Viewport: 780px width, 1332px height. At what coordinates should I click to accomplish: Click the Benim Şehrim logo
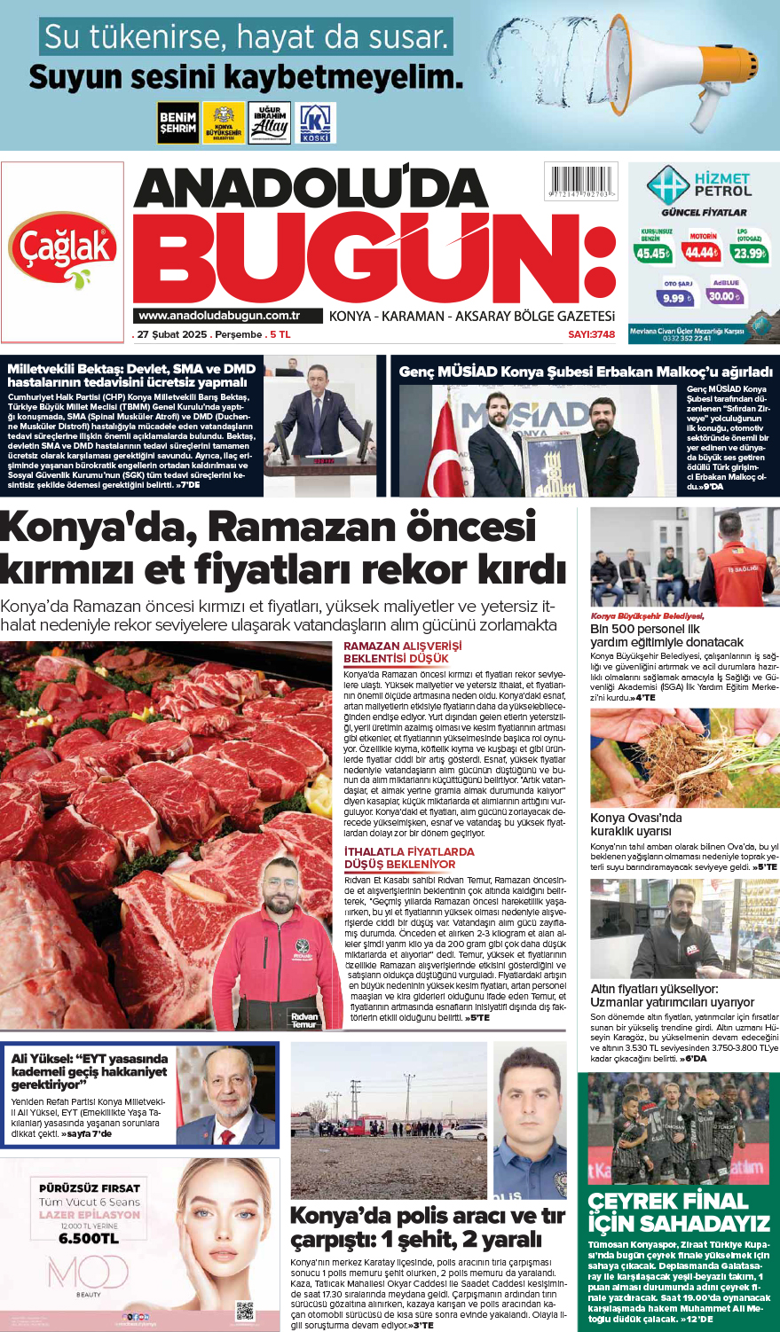(x=177, y=122)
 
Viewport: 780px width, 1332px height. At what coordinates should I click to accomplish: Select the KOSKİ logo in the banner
(x=315, y=123)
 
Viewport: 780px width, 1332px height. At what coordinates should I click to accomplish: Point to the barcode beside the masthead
(x=580, y=182)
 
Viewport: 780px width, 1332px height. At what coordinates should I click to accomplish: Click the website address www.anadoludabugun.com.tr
(x=219, y=316)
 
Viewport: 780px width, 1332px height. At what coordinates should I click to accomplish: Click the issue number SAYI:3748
(x=591, y=334)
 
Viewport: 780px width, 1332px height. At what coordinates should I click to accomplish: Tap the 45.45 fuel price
(x=651, y=254)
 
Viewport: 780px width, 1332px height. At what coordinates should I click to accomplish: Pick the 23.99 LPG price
(x=749, y=254)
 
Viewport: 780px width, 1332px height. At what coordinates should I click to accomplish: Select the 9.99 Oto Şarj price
(x=676, y=298)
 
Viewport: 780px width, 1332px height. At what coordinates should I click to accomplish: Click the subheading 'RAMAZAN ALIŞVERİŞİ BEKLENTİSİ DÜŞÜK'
(x=402, y=652)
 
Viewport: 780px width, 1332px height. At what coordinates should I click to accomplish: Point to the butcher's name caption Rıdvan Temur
(x=303, y=1020)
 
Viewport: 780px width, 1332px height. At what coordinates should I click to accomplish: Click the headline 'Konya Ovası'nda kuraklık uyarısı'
(x=636, y=824)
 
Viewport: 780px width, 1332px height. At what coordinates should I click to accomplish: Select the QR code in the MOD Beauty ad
(x=245, y=1310)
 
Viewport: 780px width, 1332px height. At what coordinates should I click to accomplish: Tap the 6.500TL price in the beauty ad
(x=89, y=1238)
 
